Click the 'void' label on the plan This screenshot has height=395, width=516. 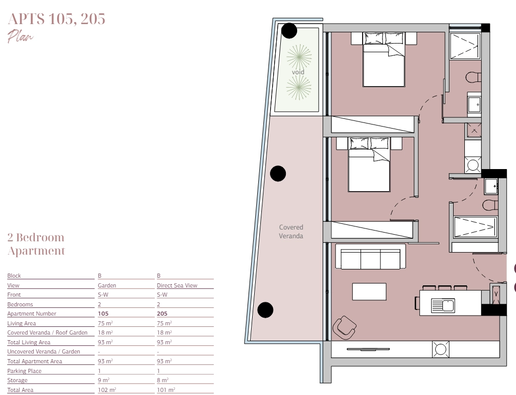click(x=298, y=72)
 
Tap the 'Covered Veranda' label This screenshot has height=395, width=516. click(x=291, y=232)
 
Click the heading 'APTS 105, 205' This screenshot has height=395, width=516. click(x=56, y=19)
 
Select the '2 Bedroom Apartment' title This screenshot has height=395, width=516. click(x=36, y=244)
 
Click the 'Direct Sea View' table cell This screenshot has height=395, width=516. click(x=177, y=285)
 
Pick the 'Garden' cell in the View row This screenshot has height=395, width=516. click(x=107, y=285)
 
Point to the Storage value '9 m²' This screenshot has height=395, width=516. click(x=104, y=380)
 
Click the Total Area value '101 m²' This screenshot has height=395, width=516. click(x=166, y=390)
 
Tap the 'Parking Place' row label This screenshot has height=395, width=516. click(x=25, y=371)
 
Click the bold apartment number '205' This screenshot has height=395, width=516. click(x=162, y=314)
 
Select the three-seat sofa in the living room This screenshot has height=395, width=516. click(x=371, y=257)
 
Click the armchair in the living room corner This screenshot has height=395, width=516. click(x=344, y=327)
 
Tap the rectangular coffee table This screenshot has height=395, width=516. click(x=369, y=292)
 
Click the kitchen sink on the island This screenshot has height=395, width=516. click(x=443, y=306)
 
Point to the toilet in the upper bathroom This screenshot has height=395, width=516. click(x=474, y=77)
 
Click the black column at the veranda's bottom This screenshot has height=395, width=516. click(x=265, y=310)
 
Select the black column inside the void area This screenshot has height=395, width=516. click(x=289, y=31)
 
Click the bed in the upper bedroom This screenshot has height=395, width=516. click(x=384, y=59)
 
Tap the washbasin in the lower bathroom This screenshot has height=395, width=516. click(x=490, y=186)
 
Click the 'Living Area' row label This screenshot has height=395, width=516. click(x=21, y=323)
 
